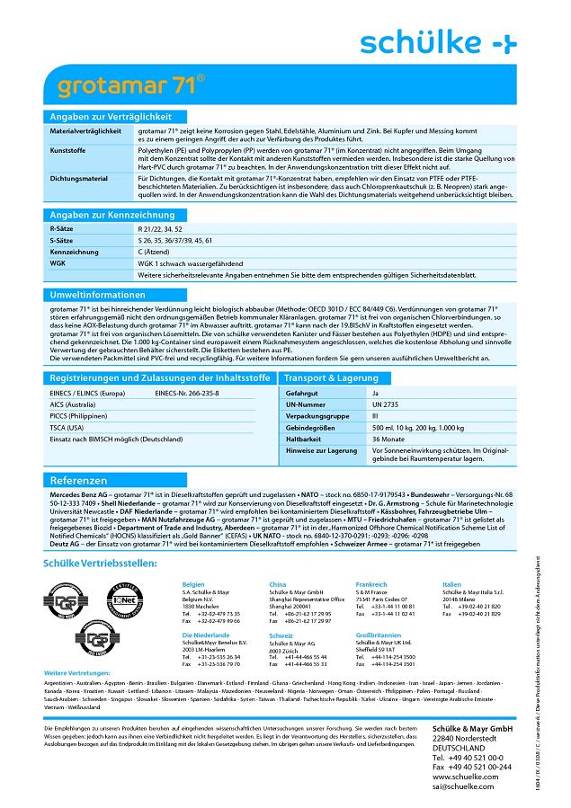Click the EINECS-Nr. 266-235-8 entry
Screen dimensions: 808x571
click(x=186, y=394)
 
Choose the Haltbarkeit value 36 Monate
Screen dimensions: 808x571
click(x=389, y=439)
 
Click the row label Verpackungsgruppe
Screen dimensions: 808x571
click(x=318, y=417)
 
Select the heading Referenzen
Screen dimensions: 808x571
click(x=79, y=481)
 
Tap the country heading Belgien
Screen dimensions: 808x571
click(x=193, y=559)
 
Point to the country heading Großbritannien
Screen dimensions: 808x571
click(x=381, y=635)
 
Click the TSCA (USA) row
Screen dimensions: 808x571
click(x=67, y=427)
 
